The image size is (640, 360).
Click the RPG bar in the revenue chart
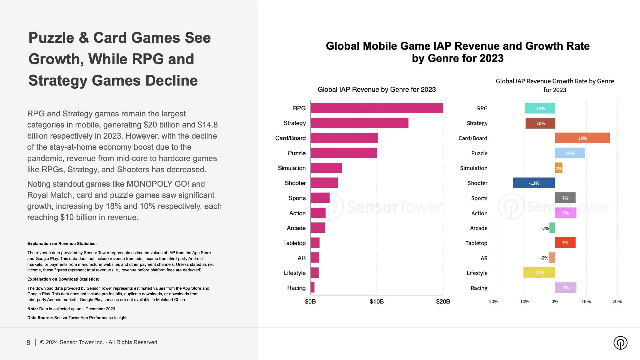376,108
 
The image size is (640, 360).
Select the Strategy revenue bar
359,123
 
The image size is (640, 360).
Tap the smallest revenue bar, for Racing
312,287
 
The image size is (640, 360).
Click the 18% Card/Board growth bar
582,138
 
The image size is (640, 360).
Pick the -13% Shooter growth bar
534,183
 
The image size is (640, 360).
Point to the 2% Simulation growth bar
558,168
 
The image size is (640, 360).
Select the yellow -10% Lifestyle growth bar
539,273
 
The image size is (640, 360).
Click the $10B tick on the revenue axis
376,302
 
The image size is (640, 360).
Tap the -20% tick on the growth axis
493,302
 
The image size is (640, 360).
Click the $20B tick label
443,302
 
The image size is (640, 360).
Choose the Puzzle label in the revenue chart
296,153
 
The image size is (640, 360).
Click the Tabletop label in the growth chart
476,243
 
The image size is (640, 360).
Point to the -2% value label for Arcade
545,228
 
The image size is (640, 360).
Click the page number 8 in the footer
28,342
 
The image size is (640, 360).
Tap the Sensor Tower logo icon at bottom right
620,343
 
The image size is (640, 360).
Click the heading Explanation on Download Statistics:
63,279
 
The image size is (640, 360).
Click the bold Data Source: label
40,318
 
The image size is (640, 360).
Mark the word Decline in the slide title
171,81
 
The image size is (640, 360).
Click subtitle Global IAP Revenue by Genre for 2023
376,89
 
